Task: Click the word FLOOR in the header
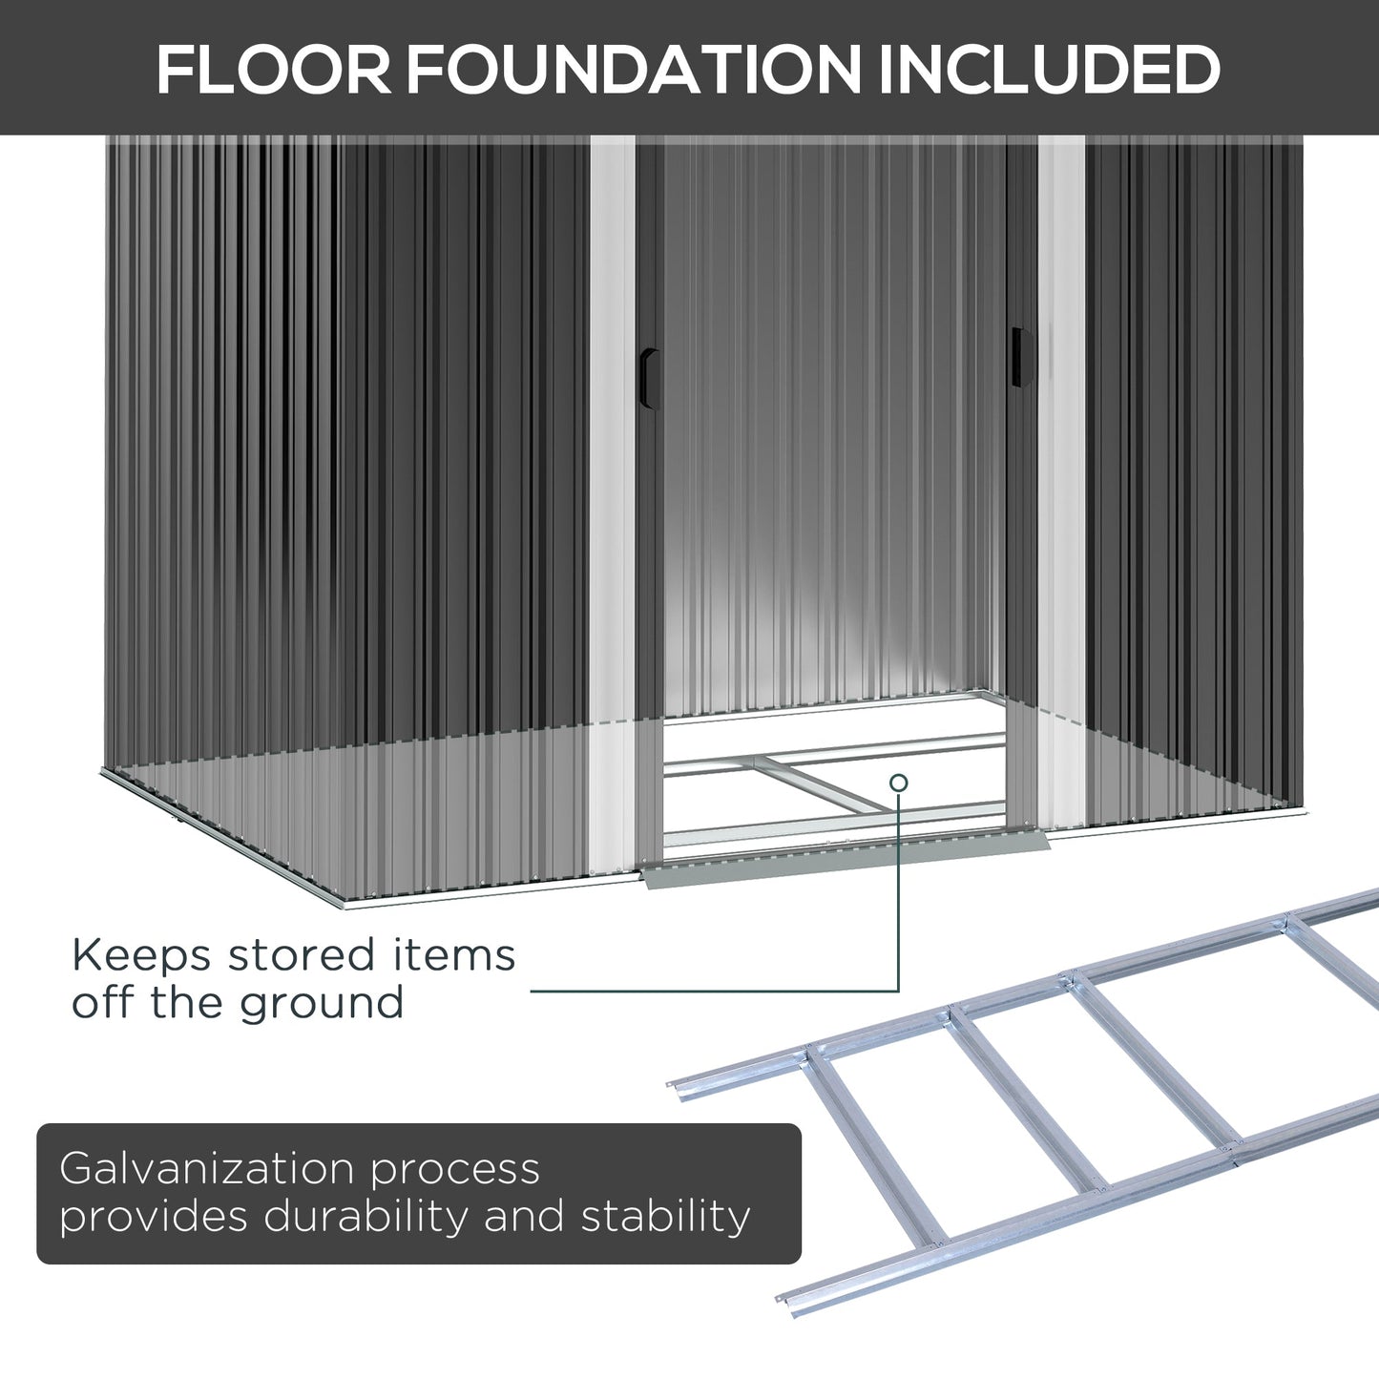[x=274, y=70]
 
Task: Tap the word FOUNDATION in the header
[x=634, y=70]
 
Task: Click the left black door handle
[x=650, y=379]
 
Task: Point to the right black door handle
[x=1021, y=358]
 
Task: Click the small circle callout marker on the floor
[x=898, y=784]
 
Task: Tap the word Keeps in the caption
[x=141, y=955]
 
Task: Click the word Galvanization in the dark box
[x=207, y=1169]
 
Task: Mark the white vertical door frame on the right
[x=1061, y=477]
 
